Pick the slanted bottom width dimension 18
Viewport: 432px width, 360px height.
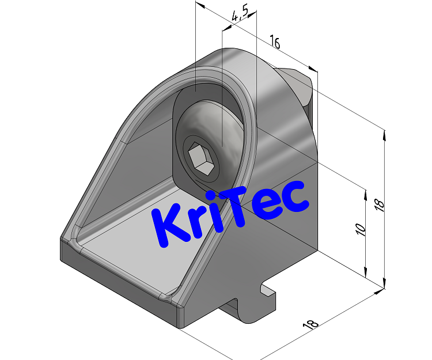click(x=310, y=324)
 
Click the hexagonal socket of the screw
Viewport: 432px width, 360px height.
click(x=199, y=157)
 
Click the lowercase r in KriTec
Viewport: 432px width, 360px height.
click(x=196, y=219)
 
